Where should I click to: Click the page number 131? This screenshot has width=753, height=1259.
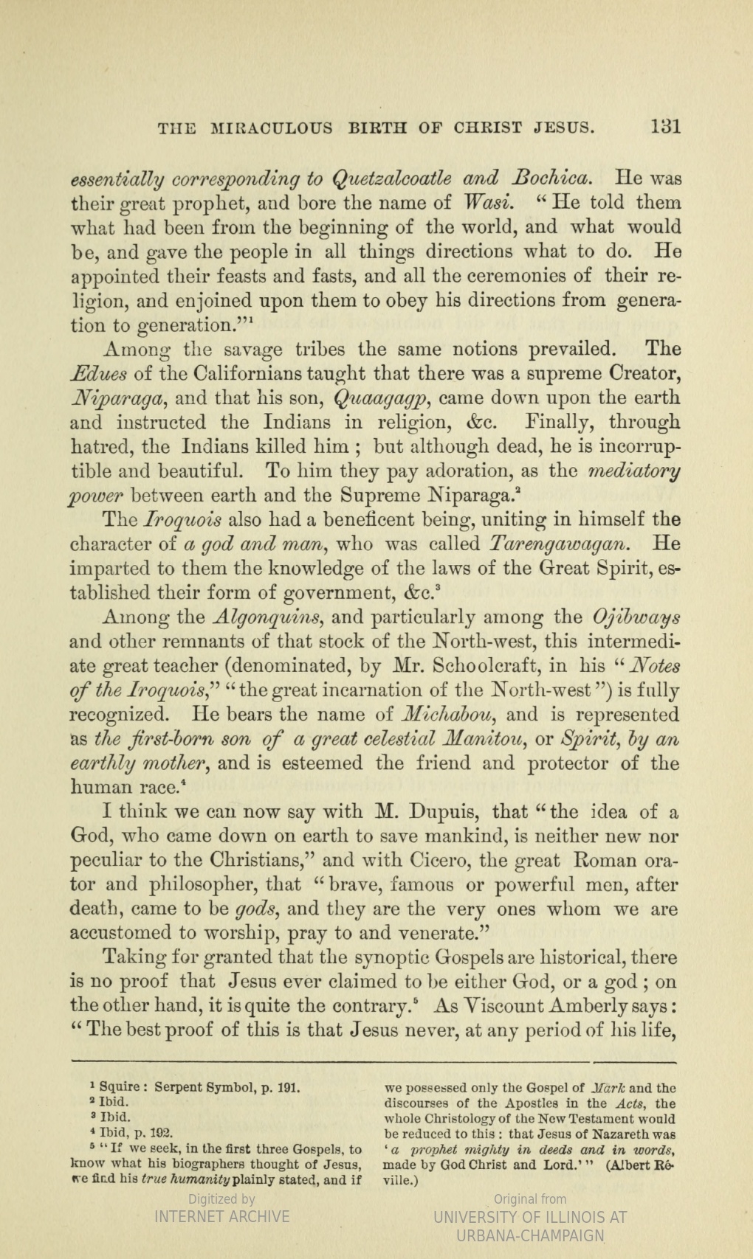click(664, 125)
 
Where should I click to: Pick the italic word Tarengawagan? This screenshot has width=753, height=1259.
click(562, 544)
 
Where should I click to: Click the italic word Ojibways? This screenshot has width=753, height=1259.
click(637, 617)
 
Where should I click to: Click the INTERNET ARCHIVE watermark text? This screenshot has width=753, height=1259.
click(221, 1216)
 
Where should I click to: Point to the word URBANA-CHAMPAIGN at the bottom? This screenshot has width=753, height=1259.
click(531, 1236)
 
